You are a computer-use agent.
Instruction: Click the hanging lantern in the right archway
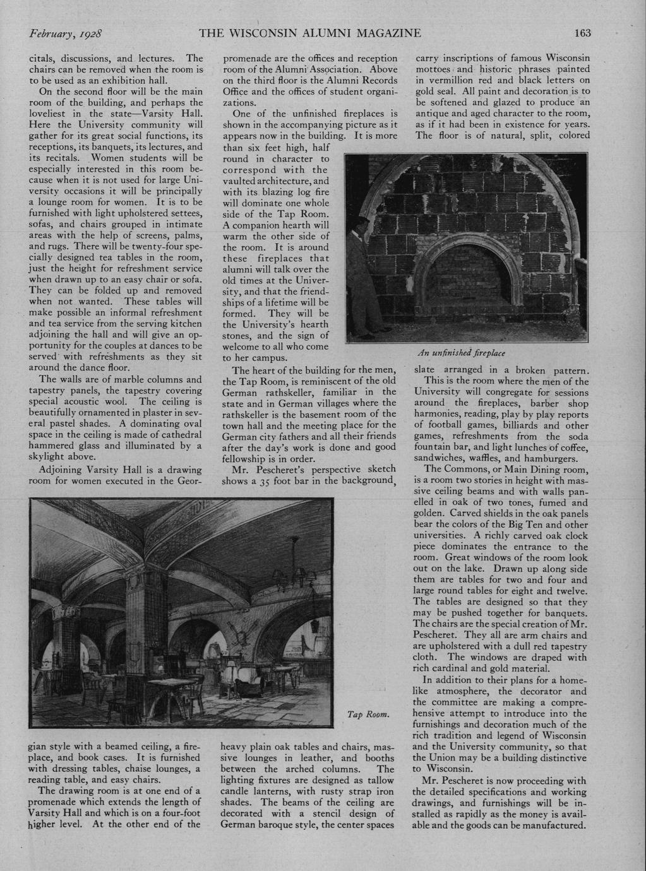(x=313, y=625)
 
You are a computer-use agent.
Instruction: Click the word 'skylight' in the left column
(x=49, y=457)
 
